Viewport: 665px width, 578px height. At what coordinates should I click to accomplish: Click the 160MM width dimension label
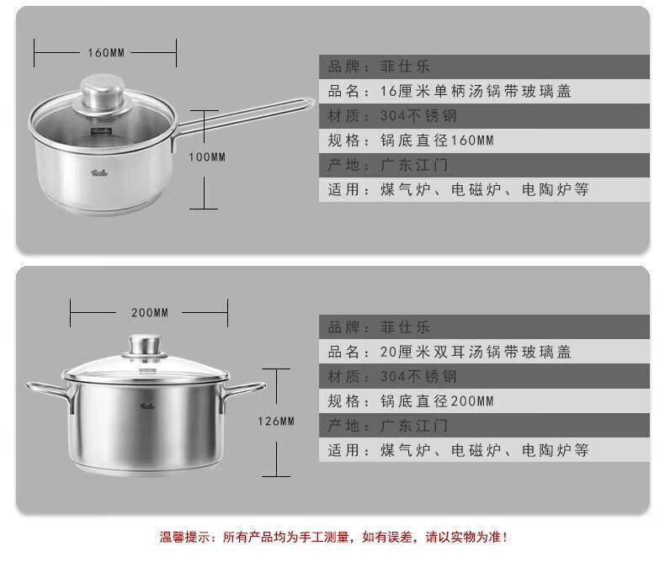(x=106, y=53)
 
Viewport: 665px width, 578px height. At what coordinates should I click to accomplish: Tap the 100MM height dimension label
(x=207, y=157)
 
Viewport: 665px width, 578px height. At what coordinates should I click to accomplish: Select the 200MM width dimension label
(x=150, y=313)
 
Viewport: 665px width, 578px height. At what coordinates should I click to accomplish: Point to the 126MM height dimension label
(x=276, y=422)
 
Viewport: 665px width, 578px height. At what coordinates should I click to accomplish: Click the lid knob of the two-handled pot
(x=145, y=346)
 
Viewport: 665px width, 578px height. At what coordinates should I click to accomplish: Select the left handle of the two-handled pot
(x=50, y=393)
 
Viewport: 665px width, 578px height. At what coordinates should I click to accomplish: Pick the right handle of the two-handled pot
(x=242, y=392)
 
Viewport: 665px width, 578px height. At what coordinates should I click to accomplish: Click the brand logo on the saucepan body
(x=99, y=172)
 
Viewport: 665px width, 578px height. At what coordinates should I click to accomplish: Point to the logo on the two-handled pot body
(x=147, y=406)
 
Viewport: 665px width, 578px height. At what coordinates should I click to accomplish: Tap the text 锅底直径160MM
(x=437, y=141)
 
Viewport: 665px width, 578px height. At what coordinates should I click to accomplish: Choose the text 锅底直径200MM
(x=437, y=400)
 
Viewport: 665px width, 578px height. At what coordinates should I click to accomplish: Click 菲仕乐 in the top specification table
(x=405, y=66)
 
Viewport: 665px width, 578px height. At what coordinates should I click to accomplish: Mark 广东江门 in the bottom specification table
(x=414, y=426)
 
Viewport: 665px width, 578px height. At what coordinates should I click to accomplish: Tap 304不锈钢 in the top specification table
(x=418, y=116)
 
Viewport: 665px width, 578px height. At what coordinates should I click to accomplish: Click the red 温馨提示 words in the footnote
(x=185, y=537)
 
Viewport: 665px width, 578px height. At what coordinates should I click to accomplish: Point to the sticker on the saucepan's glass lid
(x=101, y=131)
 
